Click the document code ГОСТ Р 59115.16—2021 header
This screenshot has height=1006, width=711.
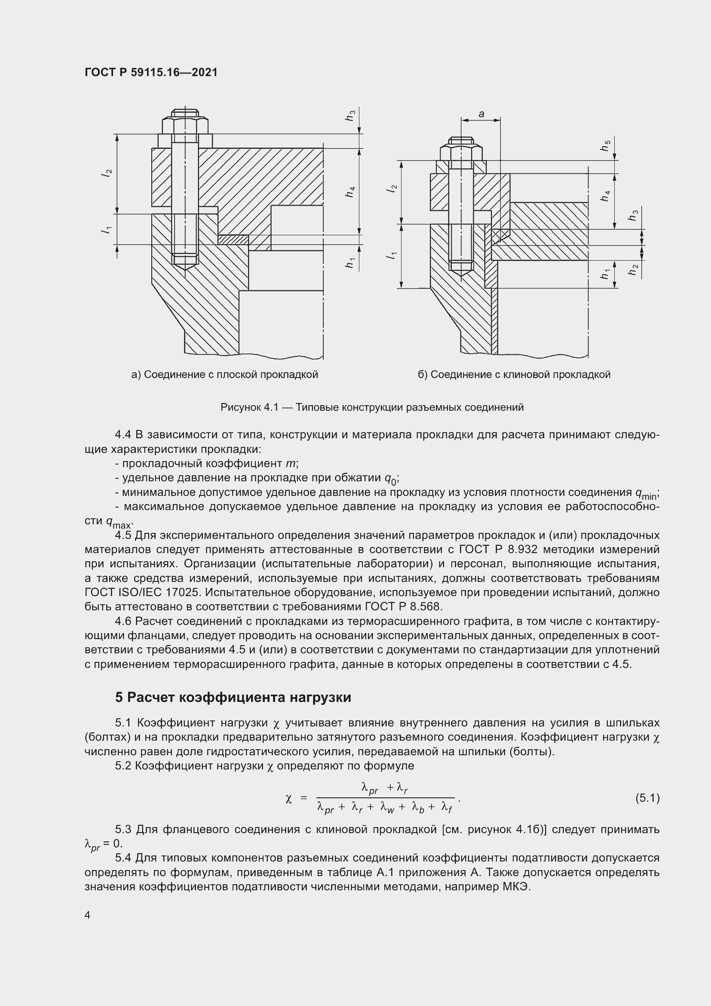151,73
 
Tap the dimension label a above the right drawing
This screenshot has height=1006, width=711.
481,114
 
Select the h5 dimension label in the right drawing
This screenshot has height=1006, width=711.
605,145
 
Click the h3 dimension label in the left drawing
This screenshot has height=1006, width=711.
350,115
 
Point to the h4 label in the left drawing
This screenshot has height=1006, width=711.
350,191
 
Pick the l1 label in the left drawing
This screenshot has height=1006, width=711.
106,229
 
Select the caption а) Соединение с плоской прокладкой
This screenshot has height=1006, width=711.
224,375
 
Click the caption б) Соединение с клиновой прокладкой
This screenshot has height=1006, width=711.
514,375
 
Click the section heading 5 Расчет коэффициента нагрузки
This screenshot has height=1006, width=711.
233,697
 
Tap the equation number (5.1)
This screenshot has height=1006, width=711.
647,798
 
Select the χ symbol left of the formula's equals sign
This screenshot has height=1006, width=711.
288,799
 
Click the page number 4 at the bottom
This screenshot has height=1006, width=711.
88,915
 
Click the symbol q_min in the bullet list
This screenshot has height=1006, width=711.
646,494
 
